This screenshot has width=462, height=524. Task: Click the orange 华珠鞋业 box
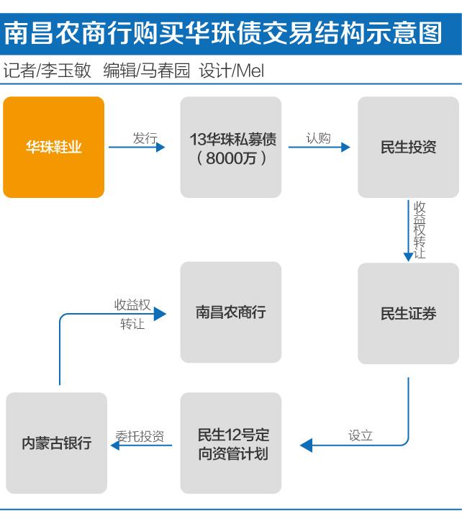pos(54,147)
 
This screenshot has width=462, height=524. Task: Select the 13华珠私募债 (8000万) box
pos(231,147)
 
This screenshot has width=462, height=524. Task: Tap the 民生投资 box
pos(408,147)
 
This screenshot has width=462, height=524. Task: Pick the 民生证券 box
pos(408,313)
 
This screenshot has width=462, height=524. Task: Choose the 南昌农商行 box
pos(231,312)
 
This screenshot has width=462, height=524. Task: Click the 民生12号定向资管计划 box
pos(231,443)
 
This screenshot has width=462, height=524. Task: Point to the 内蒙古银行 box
pos(56,443)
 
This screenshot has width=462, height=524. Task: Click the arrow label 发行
pos(145,138)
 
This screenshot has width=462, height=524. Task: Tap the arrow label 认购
pos(318,138)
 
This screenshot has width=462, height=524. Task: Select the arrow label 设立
pos(360,435)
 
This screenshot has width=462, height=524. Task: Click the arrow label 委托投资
pos(140,436)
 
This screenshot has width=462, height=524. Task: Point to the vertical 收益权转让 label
pos(420,230)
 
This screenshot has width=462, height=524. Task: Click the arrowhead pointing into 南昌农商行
pos(160,314)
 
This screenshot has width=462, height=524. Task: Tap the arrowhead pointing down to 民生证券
pos(408,257)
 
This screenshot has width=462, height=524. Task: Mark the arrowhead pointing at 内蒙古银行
pos(115,445)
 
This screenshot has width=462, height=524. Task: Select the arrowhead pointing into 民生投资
pos(345,147)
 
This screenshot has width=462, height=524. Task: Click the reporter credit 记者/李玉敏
pos(47,71)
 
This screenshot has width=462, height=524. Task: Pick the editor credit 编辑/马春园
pos(147,71)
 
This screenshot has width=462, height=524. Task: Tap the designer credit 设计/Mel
pos(232,71)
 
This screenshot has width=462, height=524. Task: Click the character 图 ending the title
pos(431,33)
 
